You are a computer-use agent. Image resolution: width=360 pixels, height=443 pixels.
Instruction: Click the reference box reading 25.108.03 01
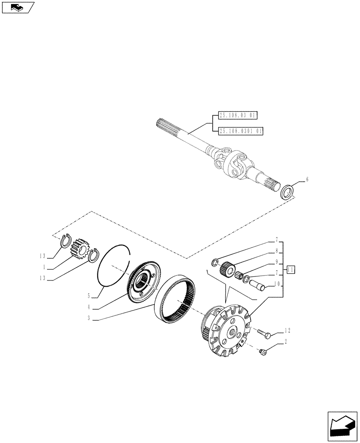238,116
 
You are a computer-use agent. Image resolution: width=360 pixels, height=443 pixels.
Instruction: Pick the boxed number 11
291,269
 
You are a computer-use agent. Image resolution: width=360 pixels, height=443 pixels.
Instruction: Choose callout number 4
89,306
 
